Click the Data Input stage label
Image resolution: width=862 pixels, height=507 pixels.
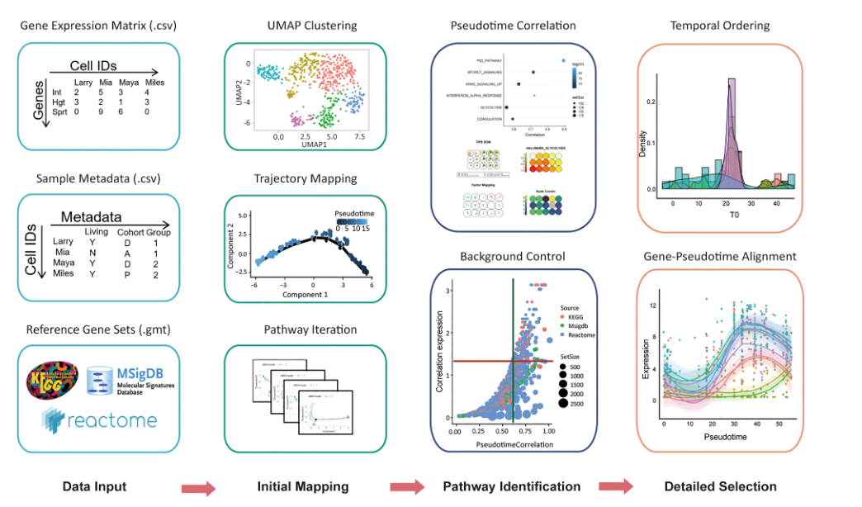click(95, 486)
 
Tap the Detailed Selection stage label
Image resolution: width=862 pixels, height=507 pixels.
click(720, 486)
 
